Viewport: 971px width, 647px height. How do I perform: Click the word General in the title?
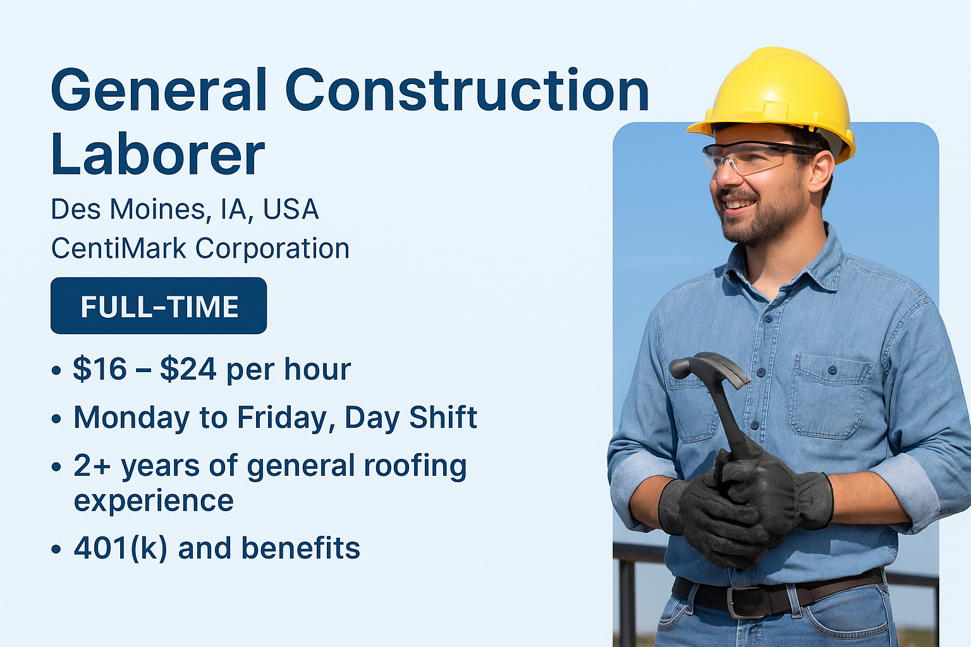pyautogui.click(x=159, y=90)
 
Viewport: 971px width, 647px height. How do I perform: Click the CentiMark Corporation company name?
pyautogui.click(x=200, y=248)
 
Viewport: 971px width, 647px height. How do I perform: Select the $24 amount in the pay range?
pyautogui.click(x=188, y=369)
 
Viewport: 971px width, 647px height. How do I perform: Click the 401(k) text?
pyautogui.click(x=121, y=548)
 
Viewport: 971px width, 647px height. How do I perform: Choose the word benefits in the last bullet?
pyautogui.click(x=301, y=547)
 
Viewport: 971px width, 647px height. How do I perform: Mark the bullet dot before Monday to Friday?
pyautogui.click(x=56, y=419)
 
